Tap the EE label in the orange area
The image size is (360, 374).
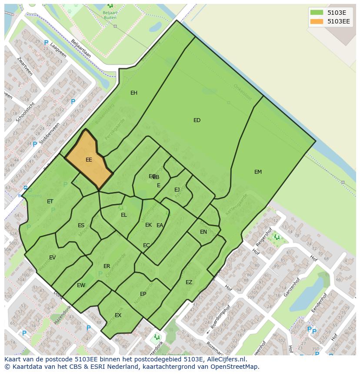(89, 160)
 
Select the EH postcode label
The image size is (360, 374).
(134, 93)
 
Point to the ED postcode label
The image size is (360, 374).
(197, 120)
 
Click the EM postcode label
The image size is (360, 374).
(258, 172)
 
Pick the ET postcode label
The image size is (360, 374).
(50, 202)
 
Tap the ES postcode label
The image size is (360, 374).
(81, 225)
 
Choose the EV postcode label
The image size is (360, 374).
(52, 258)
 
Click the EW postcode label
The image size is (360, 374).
(81, 285)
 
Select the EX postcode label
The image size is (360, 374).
(118, 315)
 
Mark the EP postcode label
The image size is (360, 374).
(143, 294)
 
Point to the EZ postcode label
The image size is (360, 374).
(189, 282)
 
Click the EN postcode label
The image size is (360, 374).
(203, 232)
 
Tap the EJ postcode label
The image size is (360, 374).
(177, 190)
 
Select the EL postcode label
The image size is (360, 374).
(124, 215)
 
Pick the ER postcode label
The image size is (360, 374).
(107, 266)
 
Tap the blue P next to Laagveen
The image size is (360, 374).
(46, 43)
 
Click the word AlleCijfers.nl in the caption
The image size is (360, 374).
(226, 360)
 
